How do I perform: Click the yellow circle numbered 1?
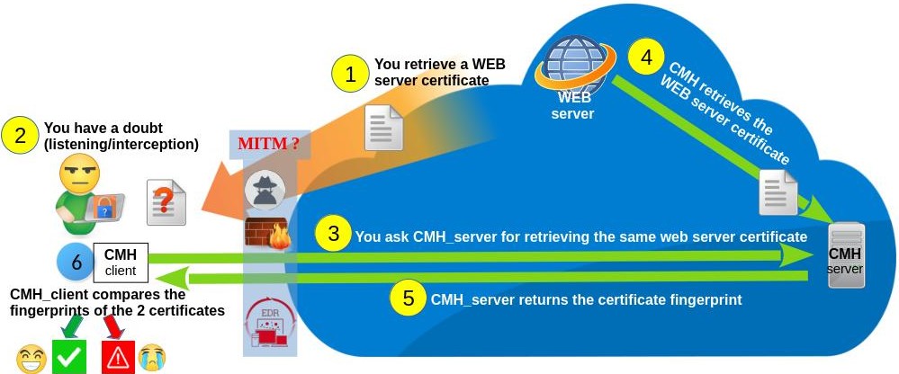(350, 73)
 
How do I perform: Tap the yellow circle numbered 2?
(20, 136)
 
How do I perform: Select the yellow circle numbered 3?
(333, 236)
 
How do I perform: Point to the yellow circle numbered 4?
(646, 57)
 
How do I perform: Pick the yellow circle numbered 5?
(409, 298)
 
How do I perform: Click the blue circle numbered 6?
(76, 262)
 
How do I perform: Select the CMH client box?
(120, 262)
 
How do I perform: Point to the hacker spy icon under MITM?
(265, 190)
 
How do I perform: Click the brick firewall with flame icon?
(265, 233)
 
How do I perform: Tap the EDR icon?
(265, 326)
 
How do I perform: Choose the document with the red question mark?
(166, 201)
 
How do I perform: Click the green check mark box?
(69, 357)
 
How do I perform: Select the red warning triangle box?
(118, 357)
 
